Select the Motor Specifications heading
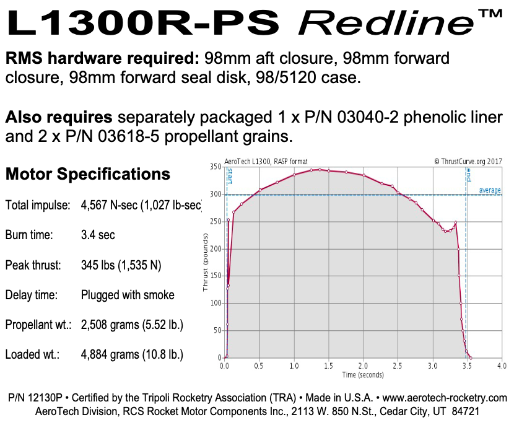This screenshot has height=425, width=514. [87, 174]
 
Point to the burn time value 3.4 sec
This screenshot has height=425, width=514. [98, 235]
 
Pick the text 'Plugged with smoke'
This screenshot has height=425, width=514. [128, 296]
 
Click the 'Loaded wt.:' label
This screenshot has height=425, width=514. [32, 356]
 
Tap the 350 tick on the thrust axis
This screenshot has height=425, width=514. [215, 167]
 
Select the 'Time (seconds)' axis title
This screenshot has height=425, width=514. [362, 374]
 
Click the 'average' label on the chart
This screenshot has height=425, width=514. [490, 190]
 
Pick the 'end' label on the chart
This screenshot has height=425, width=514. [469, 175]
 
